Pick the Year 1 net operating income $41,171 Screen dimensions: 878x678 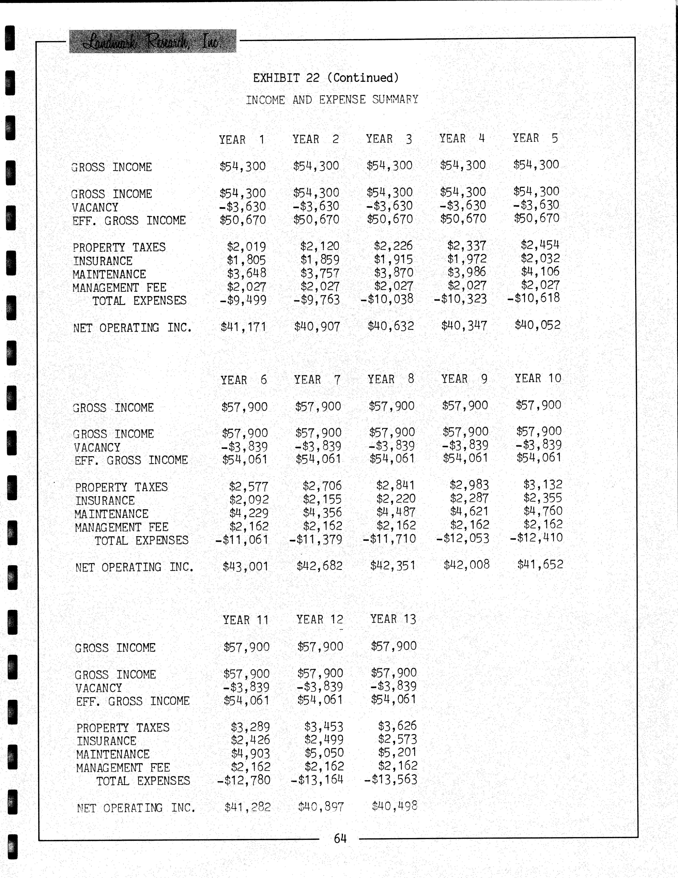(243, 327)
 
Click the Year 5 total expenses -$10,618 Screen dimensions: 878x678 (534, 298)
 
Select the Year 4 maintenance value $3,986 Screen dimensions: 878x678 (467, 272)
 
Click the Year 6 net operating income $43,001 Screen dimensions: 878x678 (245, 566)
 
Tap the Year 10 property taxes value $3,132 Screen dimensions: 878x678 (543, 484)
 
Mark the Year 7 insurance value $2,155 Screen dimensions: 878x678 (322, 499)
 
